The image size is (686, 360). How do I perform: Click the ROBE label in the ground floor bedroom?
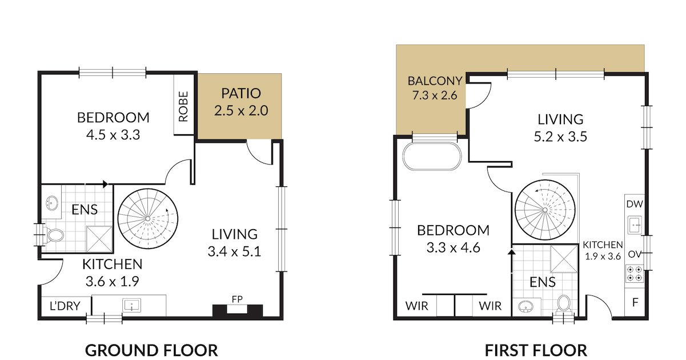183,106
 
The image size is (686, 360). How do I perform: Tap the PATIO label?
241,93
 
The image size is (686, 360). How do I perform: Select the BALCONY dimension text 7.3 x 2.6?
435,95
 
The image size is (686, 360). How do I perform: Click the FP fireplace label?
238,299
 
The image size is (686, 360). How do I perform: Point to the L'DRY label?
65,306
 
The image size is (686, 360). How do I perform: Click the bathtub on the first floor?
432,156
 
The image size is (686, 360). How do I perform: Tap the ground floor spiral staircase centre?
148,219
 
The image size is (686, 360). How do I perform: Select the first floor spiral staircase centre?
545,210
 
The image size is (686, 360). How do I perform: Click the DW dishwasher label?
635,204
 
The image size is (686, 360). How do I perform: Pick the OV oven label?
635,254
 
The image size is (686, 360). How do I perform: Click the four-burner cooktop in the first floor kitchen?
635,274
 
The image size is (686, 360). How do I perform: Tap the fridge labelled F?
635,302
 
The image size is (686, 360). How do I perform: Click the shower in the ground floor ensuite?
99,239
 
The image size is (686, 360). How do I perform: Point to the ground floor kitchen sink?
132,306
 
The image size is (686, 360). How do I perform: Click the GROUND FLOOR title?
151,350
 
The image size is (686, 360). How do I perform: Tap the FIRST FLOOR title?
536,350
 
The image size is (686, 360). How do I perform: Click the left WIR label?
417,306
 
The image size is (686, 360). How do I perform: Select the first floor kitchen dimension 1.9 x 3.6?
603,256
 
